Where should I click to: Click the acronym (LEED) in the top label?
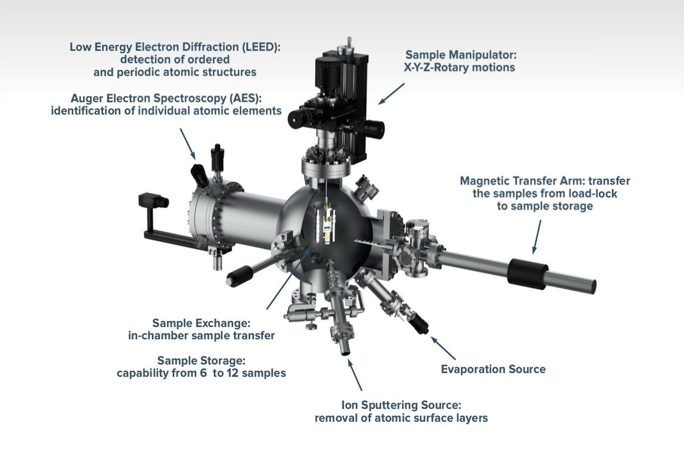coord(261,47)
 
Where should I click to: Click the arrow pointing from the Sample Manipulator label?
coord(391,94)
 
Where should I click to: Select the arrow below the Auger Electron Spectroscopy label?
coord(187,144)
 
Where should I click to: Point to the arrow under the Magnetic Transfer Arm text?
coord(537,237)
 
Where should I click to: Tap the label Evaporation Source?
coord(493,369)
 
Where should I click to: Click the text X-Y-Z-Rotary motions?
coord(459,68)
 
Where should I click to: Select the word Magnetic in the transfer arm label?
coord(484,181)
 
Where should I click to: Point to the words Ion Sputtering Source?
coord(401,405)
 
